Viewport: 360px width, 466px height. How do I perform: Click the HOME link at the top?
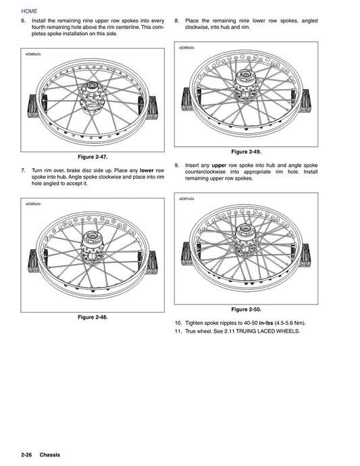(x=30, y=11)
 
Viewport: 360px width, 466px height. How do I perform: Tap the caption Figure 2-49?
(x=246, y=151)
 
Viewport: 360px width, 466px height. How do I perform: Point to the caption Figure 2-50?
(x=246, y=309)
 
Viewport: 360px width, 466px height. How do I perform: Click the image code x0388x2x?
(x=33, y=54)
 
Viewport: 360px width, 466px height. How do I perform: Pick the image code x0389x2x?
(x=33, y=203)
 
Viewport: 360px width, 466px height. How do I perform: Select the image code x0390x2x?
(x=187, y=49)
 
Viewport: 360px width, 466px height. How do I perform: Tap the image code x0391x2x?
(x=187, y=199)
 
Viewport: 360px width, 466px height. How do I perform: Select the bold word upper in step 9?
(x=219, y=165)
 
